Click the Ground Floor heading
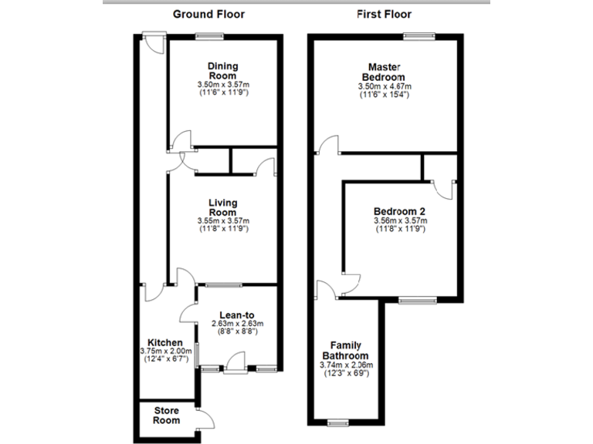click(209, 14)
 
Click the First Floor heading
click(384, 14)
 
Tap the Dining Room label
click(222, 70)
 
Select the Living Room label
click(222, 207)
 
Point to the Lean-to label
click(237, 314)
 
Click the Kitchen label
click(165, 342)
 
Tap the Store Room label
click(167, 415)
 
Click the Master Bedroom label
click(383, 72)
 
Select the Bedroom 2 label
click(399, 211)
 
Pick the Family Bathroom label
click(346, 350)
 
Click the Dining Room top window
click(209, 35)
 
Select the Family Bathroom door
click(327, 288)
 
